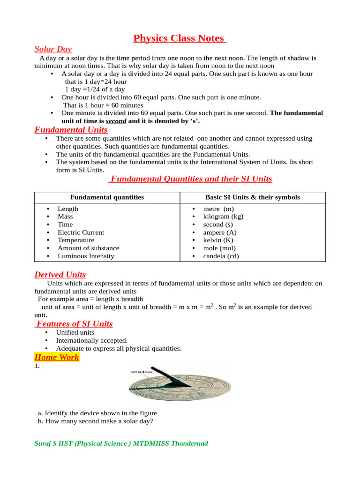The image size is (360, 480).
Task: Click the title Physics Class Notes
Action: coord(180,38)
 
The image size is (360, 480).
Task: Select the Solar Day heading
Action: coord(53,49)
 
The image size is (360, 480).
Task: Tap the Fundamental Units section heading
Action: coord(71,130)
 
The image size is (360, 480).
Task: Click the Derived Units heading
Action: coord(60,275)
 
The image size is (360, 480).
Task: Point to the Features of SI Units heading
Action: coord(75,324)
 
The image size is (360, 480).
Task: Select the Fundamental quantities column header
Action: coord(107,197)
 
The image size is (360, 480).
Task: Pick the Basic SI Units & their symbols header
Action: coord(253,197)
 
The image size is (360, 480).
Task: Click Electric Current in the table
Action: coord(81,232)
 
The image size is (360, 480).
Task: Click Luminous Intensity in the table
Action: coord(86,256)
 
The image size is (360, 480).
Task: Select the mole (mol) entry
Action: coord(219,248)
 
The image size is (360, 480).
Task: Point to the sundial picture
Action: coord(180,386)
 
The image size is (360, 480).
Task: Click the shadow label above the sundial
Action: coord(142,372)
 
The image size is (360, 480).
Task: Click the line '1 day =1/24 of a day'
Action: coord(95,89)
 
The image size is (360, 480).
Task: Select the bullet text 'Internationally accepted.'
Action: coord(91,340)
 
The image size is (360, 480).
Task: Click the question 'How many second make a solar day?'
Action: coord(99,421)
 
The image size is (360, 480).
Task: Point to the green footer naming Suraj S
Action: coord(121,443)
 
